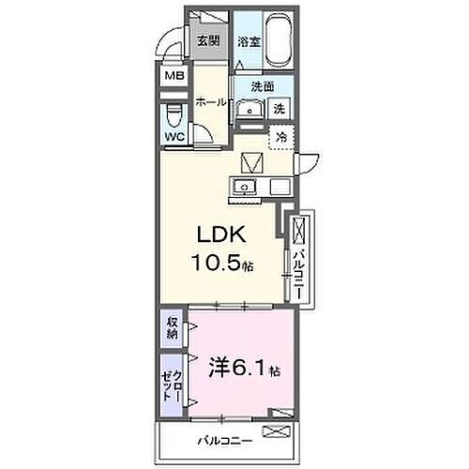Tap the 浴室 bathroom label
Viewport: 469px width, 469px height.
click(x=248, y=41)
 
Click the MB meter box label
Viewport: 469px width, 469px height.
click(x=175, y=78)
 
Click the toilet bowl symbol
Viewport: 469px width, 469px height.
click(x=174, y=117)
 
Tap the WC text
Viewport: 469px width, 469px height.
click(x=175, y=137)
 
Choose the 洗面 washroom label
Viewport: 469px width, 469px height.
click(x=262, y=86)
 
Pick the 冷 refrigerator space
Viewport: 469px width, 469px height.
click(x=280, y=137)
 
